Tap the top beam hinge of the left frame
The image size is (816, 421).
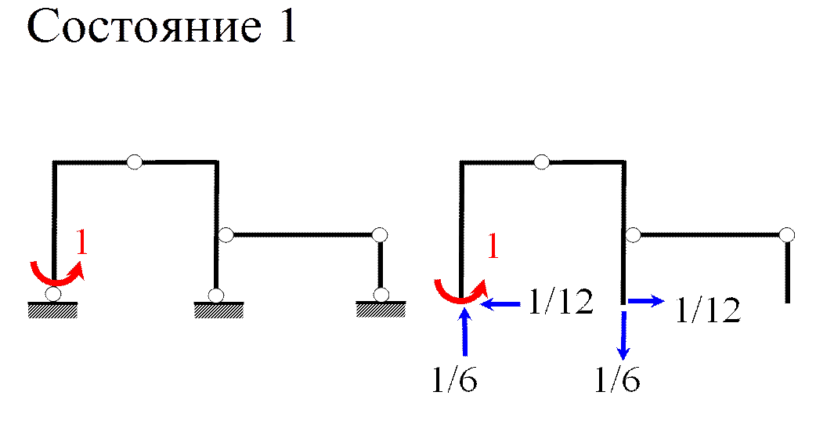(135, 162)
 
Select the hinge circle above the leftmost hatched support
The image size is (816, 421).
(52, 294)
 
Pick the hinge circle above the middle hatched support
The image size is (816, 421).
(215, 295)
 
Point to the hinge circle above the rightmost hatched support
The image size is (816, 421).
(381, 295)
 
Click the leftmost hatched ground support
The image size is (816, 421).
(52, 311)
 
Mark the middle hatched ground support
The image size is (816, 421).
(218, 311)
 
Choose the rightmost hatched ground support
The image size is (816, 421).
(381, 311)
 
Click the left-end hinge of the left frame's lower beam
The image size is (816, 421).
(226, 234)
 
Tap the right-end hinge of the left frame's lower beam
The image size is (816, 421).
(380, 234)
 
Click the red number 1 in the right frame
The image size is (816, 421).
(493, 247)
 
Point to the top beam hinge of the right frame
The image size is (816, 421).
(541, 162)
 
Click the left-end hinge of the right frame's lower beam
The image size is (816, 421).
(634, 234)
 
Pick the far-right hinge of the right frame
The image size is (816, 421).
(787, 234)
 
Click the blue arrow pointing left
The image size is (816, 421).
(501, 303)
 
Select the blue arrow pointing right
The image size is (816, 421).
(647, 301)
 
